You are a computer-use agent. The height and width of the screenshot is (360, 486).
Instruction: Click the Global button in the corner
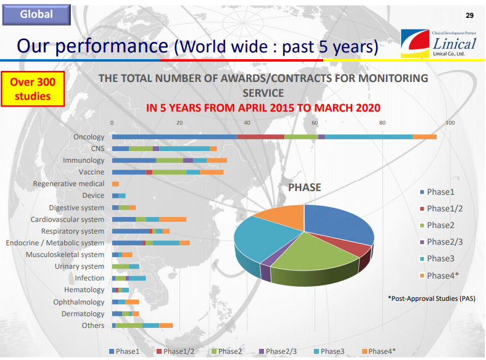point(36,15)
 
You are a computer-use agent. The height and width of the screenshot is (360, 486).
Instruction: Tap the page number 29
point(469,15)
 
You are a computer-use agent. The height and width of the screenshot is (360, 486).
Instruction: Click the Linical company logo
point(439,43)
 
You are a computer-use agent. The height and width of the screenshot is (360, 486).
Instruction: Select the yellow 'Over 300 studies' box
point(33,89)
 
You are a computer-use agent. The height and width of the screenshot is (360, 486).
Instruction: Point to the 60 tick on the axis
point(315,123)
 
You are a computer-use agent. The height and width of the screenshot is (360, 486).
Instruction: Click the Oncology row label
point(89,137)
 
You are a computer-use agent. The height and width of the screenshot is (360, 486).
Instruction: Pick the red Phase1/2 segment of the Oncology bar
point(261,137)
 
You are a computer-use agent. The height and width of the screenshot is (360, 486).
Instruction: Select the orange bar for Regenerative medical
point(115,184)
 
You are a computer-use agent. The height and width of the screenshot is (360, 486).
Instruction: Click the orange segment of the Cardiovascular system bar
point(173,219)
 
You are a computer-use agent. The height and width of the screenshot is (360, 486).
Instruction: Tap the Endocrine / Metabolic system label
point(55,243)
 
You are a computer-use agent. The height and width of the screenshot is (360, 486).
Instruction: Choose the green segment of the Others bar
point(129,325)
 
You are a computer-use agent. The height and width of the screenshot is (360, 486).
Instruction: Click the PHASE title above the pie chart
point(305,187)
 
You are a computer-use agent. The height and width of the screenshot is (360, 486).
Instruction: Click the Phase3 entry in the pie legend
point(437,259)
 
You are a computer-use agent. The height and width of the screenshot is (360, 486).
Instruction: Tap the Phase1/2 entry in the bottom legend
point(175,351)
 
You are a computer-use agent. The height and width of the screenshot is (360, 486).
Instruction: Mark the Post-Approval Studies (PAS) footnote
point(432,298)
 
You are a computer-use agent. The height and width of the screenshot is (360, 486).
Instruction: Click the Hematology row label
point(84,290)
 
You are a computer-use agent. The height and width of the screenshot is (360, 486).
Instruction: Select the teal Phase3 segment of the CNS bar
point(184,149)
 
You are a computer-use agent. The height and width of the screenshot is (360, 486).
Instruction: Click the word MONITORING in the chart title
point(393,78)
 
